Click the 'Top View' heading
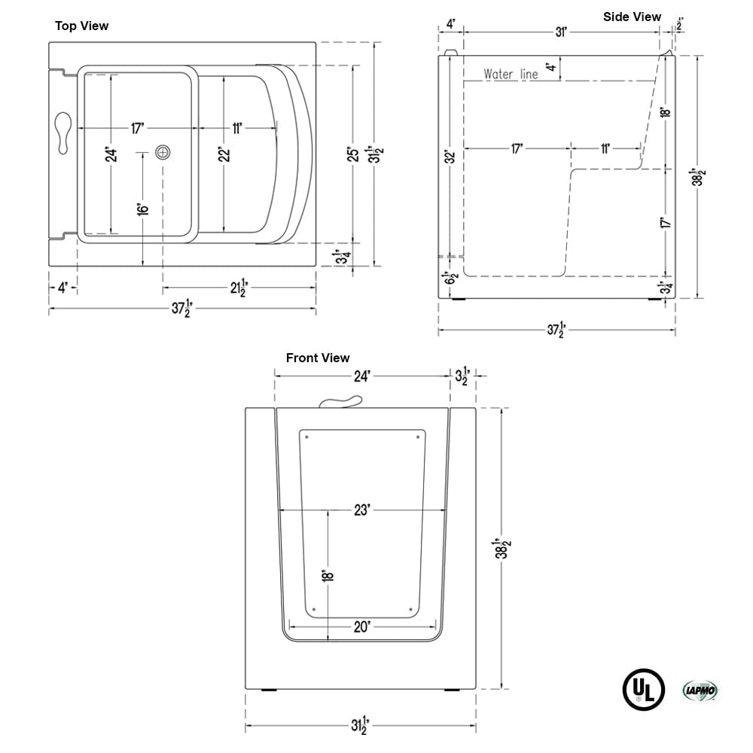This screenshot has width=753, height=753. tap(81, 26)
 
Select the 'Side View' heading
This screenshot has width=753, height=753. tap(632, 17)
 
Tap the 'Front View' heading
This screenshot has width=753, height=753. tap(318, 358)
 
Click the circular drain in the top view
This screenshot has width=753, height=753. tap(163, 153)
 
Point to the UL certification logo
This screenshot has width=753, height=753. tap(643, 689)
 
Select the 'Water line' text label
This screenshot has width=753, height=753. tap(511, 75)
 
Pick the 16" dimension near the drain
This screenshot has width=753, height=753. tap(142, 208)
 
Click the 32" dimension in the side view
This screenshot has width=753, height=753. tap(450, 157)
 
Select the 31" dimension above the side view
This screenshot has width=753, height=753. tap(561, 32)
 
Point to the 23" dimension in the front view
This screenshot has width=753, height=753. tap(362, 510)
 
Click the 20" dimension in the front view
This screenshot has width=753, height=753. tap(362, 626)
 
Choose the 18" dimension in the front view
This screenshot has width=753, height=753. tap(328, 576)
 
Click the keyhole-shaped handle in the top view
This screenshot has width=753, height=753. tap(63, 133)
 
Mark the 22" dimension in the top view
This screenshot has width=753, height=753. tap(223, 154)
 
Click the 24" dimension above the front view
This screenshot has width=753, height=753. tap(362, 376)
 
